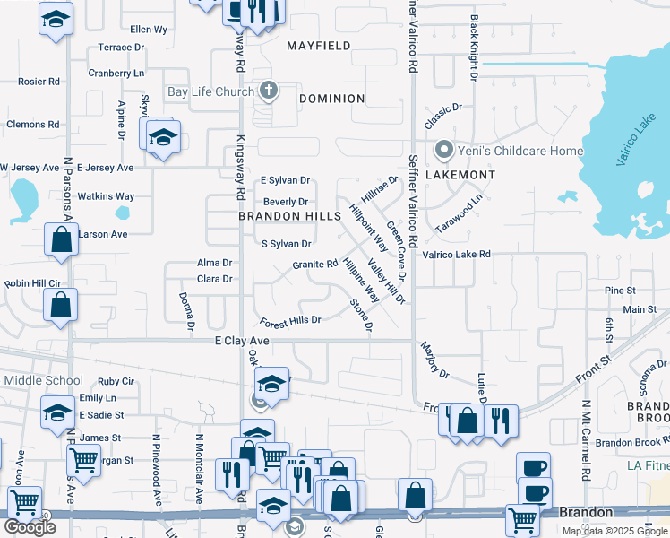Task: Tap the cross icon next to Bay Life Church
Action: (x=267, y=91)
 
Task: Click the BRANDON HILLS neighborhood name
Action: (x=289, y=217)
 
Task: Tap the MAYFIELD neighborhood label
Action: (x=318, y=45)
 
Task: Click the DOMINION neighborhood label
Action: (x=331, y=99)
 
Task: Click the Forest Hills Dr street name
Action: (x=290, y=321)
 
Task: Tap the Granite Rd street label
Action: (x=314, y=265)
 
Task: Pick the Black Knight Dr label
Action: (x=473, y=40)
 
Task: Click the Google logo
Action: (x=30, y=527)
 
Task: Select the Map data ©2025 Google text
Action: (x=614, y=531)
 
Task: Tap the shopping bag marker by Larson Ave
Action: (x=61, y=240)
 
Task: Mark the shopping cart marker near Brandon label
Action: (x=521, y=519)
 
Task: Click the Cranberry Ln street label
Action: (x=116, y=74)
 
